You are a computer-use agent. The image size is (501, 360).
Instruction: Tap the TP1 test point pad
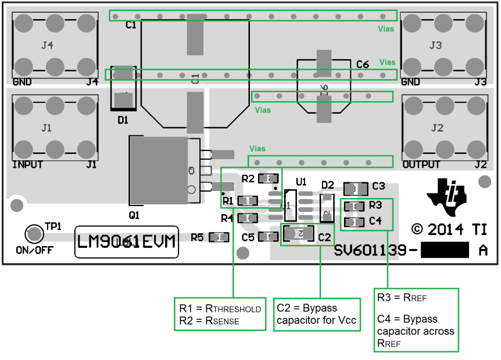[x=34, y=234]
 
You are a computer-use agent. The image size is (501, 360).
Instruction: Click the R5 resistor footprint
[x=219, y=237]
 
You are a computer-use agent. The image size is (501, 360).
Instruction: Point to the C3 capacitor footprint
[x=356, y=189]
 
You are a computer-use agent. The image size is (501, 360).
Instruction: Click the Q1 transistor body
[x=164, y=170]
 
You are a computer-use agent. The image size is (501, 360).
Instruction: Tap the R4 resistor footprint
[x=248, y=218]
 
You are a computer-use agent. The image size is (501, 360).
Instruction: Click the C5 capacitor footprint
[x=269, y=237]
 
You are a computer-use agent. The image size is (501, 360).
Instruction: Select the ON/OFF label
[x=34, y=251]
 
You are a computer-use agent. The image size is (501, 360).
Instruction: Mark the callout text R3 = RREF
[x=402, y=298]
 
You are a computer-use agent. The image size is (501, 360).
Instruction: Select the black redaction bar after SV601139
[x=444, y=250]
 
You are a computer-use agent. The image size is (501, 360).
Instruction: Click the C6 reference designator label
[x=363, y=64]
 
